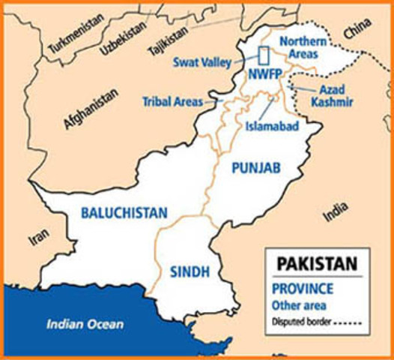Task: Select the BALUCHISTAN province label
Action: pyautogui.click(x=124, y=213)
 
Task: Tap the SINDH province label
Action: pyautogui.click(x=189, y=271)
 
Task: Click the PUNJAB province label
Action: pyautogui.click(x=255, y=170)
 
